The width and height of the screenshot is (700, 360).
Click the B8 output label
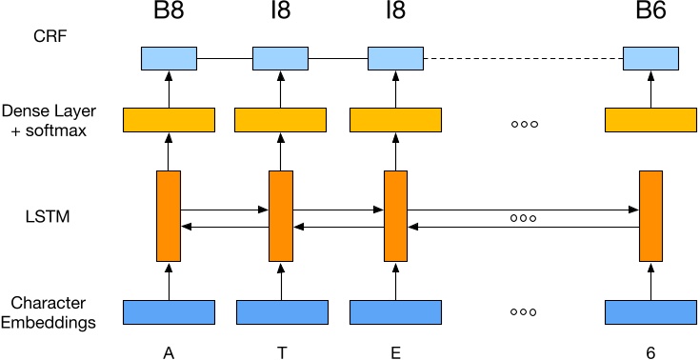(169, 16)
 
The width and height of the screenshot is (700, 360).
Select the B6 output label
(650, 16)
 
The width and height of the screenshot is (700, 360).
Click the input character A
(169, 352)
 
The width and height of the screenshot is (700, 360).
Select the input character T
(281, 352)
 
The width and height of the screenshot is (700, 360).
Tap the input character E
(395, 352)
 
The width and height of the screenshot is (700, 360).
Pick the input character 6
(650, 352)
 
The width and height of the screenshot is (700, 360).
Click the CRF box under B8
(169, 58)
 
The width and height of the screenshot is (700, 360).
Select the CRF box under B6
(650, 58)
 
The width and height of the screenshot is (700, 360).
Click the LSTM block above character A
(169, 216)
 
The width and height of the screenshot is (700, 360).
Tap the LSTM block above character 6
(650, 216)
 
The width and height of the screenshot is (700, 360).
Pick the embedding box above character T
(282, 312)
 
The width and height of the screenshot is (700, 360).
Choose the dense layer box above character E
(396, 120)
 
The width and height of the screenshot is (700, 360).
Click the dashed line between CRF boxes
(523, 59)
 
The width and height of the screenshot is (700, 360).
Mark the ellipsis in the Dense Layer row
(525, 124)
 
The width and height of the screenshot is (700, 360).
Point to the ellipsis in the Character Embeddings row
(525, 312)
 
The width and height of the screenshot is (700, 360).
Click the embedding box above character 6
(651, 312)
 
